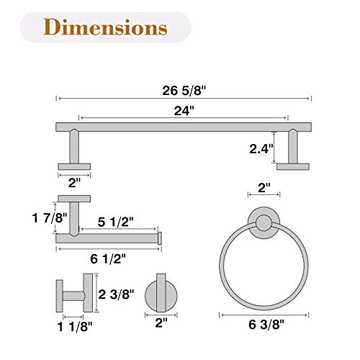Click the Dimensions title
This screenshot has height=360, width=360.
coord(105,27)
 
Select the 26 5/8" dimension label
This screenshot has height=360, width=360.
coord(184,91)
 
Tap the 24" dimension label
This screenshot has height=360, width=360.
coord(184,111)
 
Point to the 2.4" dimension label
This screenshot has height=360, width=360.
coord(261,149)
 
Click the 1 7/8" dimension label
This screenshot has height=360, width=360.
coord(50,218)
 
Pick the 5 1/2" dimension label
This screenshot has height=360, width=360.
coord(115,222)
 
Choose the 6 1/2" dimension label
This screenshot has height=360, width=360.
coord(108,259)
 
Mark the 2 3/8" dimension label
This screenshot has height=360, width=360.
coord(116,294)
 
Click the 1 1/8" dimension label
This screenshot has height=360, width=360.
coord(75,327)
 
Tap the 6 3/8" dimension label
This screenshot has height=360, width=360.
coord(266,325)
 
